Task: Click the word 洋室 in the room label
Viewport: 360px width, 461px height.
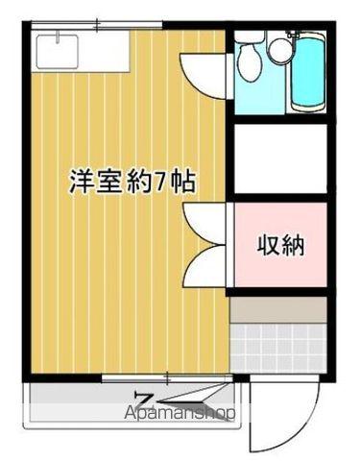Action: (x=93, y=182)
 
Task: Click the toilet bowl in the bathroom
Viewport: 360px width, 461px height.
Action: (x=249, y=65)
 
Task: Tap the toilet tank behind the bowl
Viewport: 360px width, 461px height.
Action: (x=248, y=40)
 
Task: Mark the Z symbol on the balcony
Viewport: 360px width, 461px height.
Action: (x=145, y=400)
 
